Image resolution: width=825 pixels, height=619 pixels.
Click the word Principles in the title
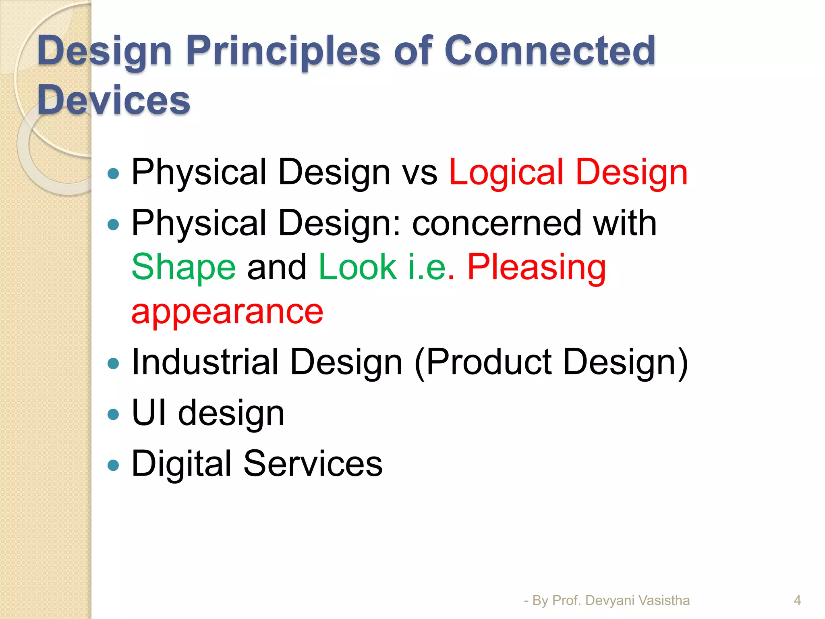tap(283, 51)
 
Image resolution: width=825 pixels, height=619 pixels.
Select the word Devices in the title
tap(114, 100)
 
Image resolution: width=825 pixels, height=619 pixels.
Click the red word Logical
tap(506, 172)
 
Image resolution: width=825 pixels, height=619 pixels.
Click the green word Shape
tap(183, 267)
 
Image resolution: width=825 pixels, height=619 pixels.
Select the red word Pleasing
tap(536, 267)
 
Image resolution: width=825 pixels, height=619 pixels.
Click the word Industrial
tap(205, 362)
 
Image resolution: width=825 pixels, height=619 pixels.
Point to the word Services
tap(313, 464)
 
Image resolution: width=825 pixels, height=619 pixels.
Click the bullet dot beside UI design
tap(114, 414)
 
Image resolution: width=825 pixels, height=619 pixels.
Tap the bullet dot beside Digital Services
tap(114, 465)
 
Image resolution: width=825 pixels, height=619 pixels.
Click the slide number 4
tap(797, 600)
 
